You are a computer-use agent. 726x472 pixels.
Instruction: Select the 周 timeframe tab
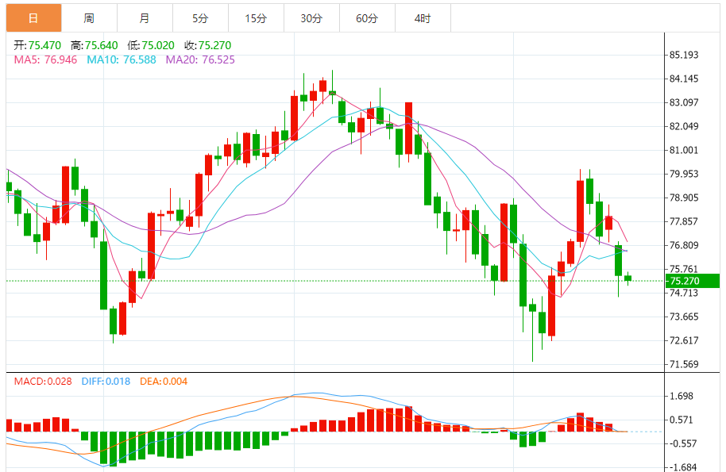coord(88,17)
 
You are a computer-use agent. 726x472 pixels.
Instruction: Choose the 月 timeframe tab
coord(144,17)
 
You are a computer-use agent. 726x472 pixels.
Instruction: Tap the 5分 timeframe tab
coord(199,17)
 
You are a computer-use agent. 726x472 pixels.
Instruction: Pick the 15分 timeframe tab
coord(256,17)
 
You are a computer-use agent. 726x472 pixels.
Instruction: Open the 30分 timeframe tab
coord(311,17)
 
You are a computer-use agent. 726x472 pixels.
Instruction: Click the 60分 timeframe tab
coord(367,17)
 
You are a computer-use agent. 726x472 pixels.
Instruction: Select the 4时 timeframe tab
coord(423,17)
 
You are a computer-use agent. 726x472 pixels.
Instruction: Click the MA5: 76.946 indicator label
coord(45,59)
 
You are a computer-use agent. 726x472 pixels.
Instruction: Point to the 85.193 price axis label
coord(684,55)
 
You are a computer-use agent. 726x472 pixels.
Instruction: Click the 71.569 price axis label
coord(684,364)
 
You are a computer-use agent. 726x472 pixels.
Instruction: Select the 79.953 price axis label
coord(684,174)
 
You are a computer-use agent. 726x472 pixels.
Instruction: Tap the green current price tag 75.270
coord(693,281)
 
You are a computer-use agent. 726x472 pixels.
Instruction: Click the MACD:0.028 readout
coord(43,382)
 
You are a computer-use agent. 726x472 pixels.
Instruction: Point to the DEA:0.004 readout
coord(164,382)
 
